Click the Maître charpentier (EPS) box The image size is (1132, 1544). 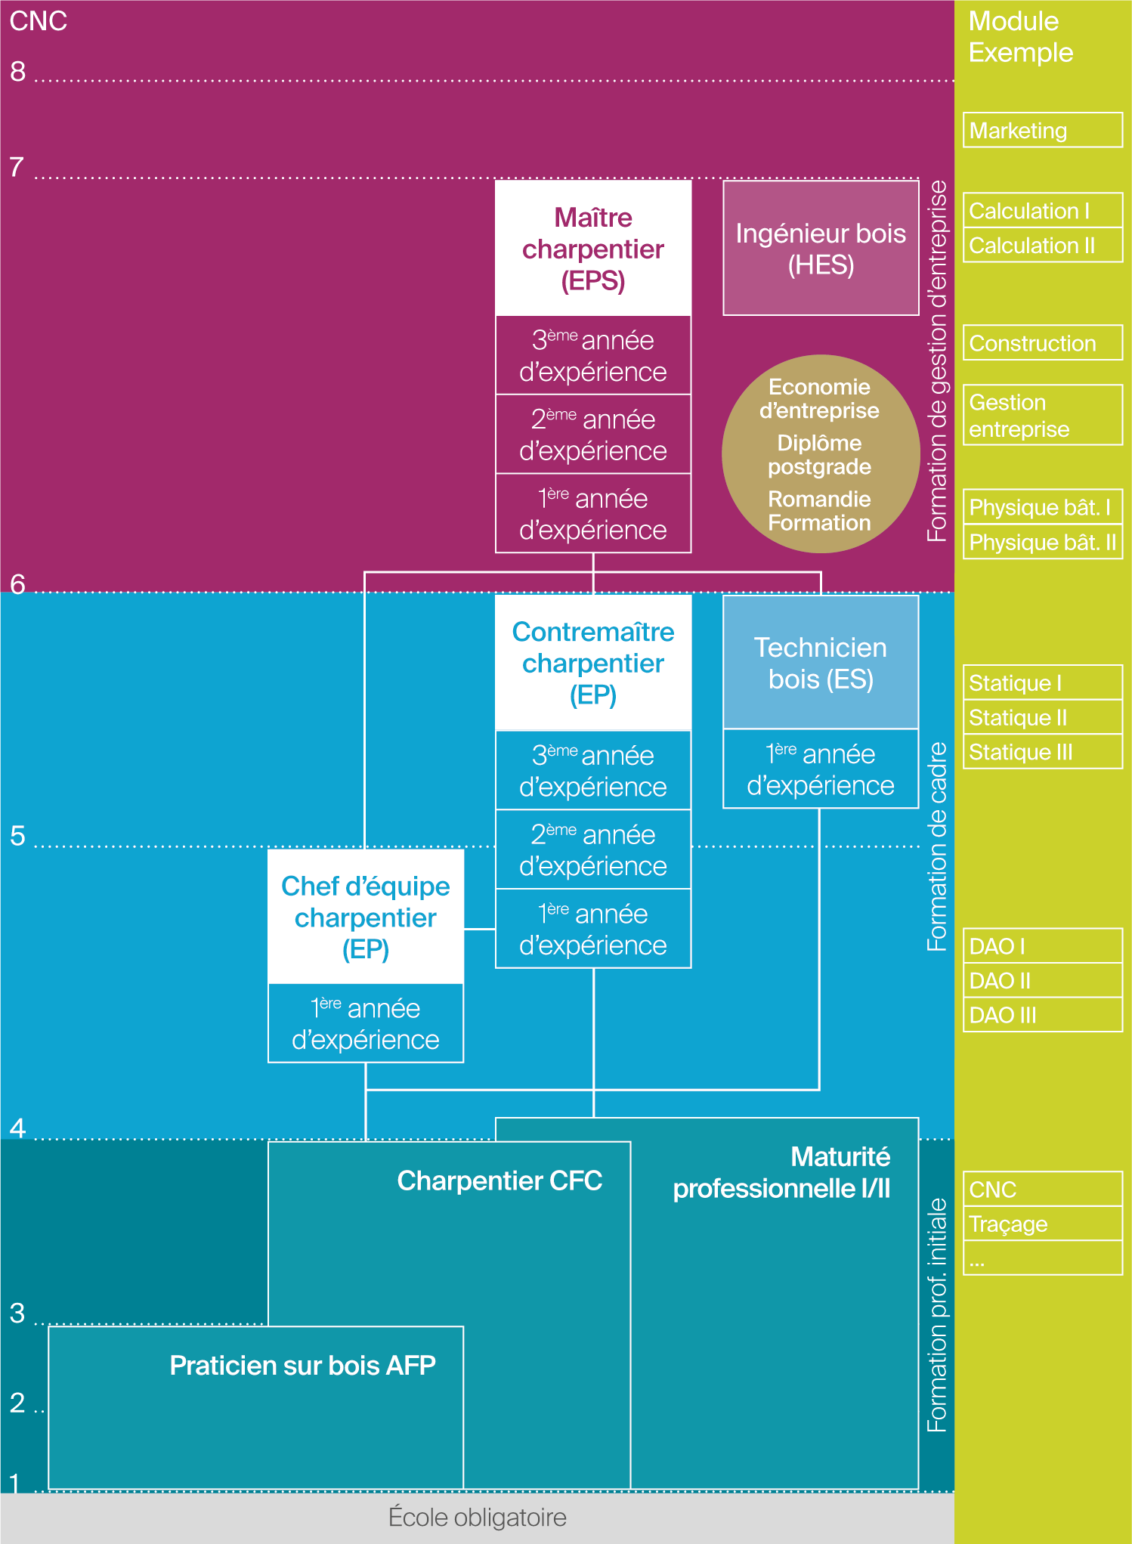593,249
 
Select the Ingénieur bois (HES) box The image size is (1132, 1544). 821,249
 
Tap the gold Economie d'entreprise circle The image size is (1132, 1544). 820,454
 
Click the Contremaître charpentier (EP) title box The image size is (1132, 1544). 593,663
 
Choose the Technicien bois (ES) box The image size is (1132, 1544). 821,663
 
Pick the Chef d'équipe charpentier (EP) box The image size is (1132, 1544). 366,917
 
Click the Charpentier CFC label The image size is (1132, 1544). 500,1180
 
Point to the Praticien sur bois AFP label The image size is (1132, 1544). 302,1365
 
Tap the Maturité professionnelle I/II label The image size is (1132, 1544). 781,1173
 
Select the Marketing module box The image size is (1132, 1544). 1042,131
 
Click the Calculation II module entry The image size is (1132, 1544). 1042,246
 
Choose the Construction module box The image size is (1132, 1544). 1042,343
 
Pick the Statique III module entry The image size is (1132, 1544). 1042,752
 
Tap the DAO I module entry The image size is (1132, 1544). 1042,946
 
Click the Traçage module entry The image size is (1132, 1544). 1042,1224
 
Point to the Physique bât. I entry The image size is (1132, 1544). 1042,507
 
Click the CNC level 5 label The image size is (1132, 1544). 17,836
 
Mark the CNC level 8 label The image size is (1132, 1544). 17,72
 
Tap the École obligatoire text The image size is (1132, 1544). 477,1517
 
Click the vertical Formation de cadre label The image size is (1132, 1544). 937,846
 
